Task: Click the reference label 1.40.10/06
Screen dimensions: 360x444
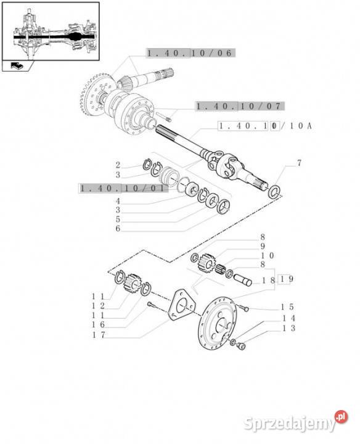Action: click(x=190, y=53)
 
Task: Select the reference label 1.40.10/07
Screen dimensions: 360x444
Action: click(x=240, y=106)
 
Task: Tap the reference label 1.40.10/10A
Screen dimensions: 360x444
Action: click(x=265, y=126)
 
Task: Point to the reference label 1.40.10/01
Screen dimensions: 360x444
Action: click(x=123, y=188)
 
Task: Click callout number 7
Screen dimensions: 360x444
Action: click(x=299, y=163)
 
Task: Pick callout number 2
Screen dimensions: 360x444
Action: click(x=118, y=165)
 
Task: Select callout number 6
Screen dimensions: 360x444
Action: click(x=118, y=228)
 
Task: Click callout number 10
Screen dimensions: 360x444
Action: click(x=267, y=255)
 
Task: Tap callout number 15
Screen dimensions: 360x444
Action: click(x=287, y=307)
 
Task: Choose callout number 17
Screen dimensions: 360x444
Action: click(x=99, y=335)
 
